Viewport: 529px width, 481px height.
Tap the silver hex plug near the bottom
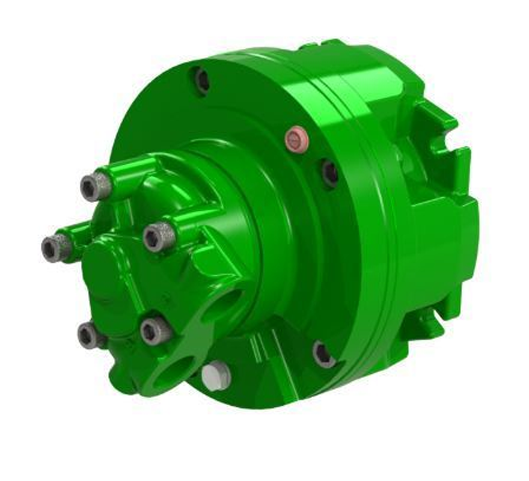(x=216, y=375)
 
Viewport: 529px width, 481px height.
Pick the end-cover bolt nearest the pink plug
(x=159, y=236)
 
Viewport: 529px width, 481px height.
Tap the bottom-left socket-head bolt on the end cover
(x=90, y=335)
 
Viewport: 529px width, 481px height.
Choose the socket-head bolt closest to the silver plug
(x=156, y=331)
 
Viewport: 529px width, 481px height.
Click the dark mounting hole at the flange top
(x=201, y=80)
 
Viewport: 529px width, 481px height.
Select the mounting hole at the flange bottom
(x=323, y=354)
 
